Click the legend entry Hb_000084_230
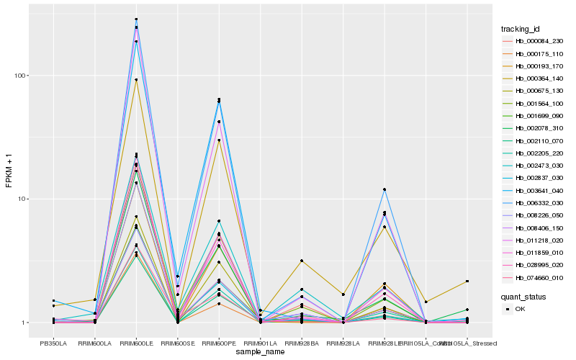click(529, 41)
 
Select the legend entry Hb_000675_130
click(529, 91)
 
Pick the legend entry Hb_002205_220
click(529, 153)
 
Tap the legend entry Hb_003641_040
click(529, 190)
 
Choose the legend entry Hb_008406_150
click(529, 228)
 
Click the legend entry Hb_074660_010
click(529, 277)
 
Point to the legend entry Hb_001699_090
click(529, 115)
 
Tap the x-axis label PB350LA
click(53, 344)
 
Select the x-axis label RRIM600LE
click(136, 344)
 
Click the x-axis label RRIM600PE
click(219, 344)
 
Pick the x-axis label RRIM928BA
click(302, 344)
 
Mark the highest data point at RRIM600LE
click(136, 19)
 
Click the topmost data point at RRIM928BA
click(302, 261)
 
